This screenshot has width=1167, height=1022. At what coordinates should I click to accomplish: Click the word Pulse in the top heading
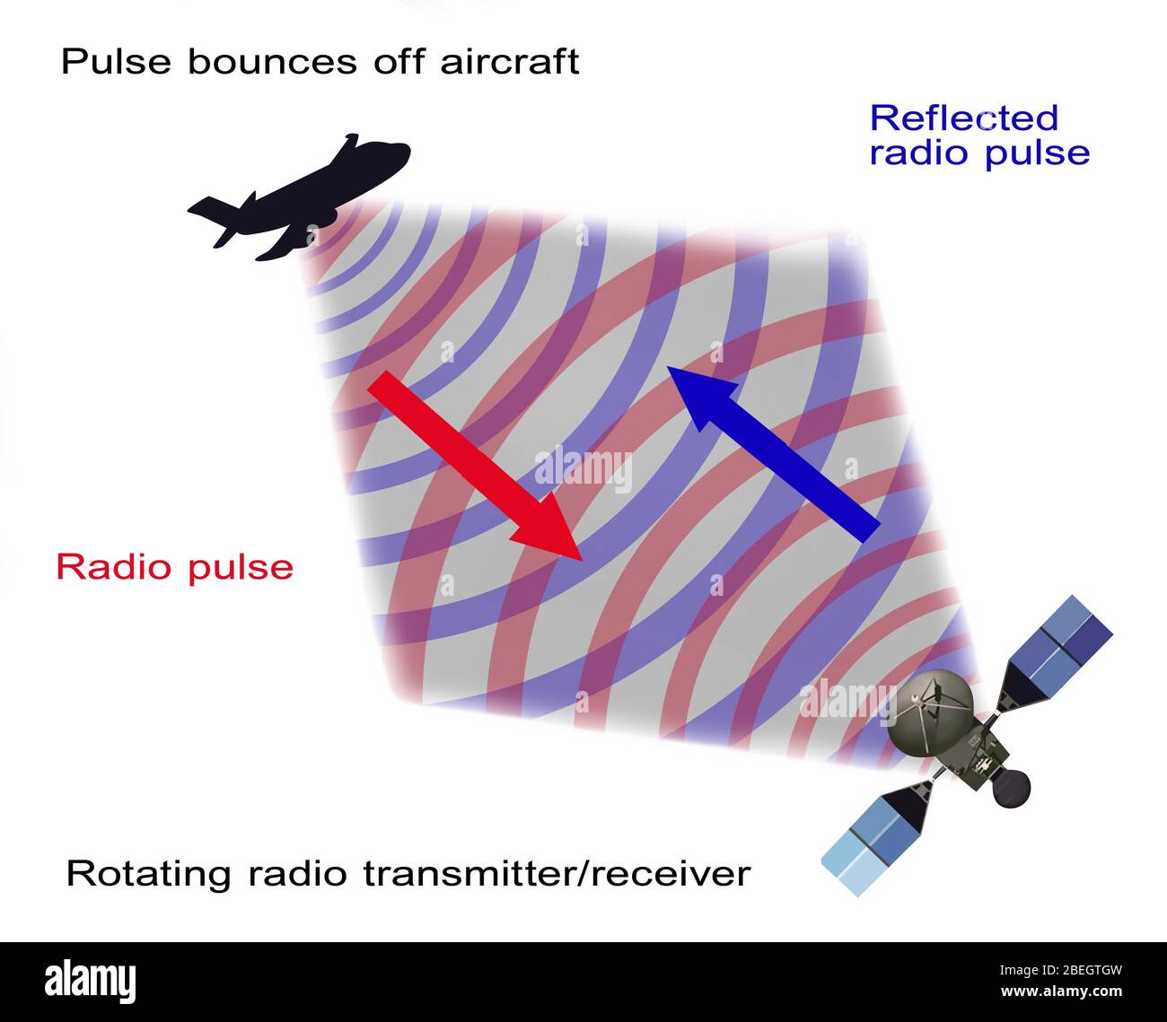pos(116,62)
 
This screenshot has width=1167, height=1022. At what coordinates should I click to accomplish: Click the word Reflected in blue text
pos(964,118)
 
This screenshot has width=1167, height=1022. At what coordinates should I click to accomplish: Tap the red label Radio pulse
pos(175,567)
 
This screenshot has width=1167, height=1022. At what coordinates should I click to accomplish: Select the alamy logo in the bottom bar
pos(91,982)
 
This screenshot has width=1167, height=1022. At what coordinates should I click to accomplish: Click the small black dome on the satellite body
pos(1010,787)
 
